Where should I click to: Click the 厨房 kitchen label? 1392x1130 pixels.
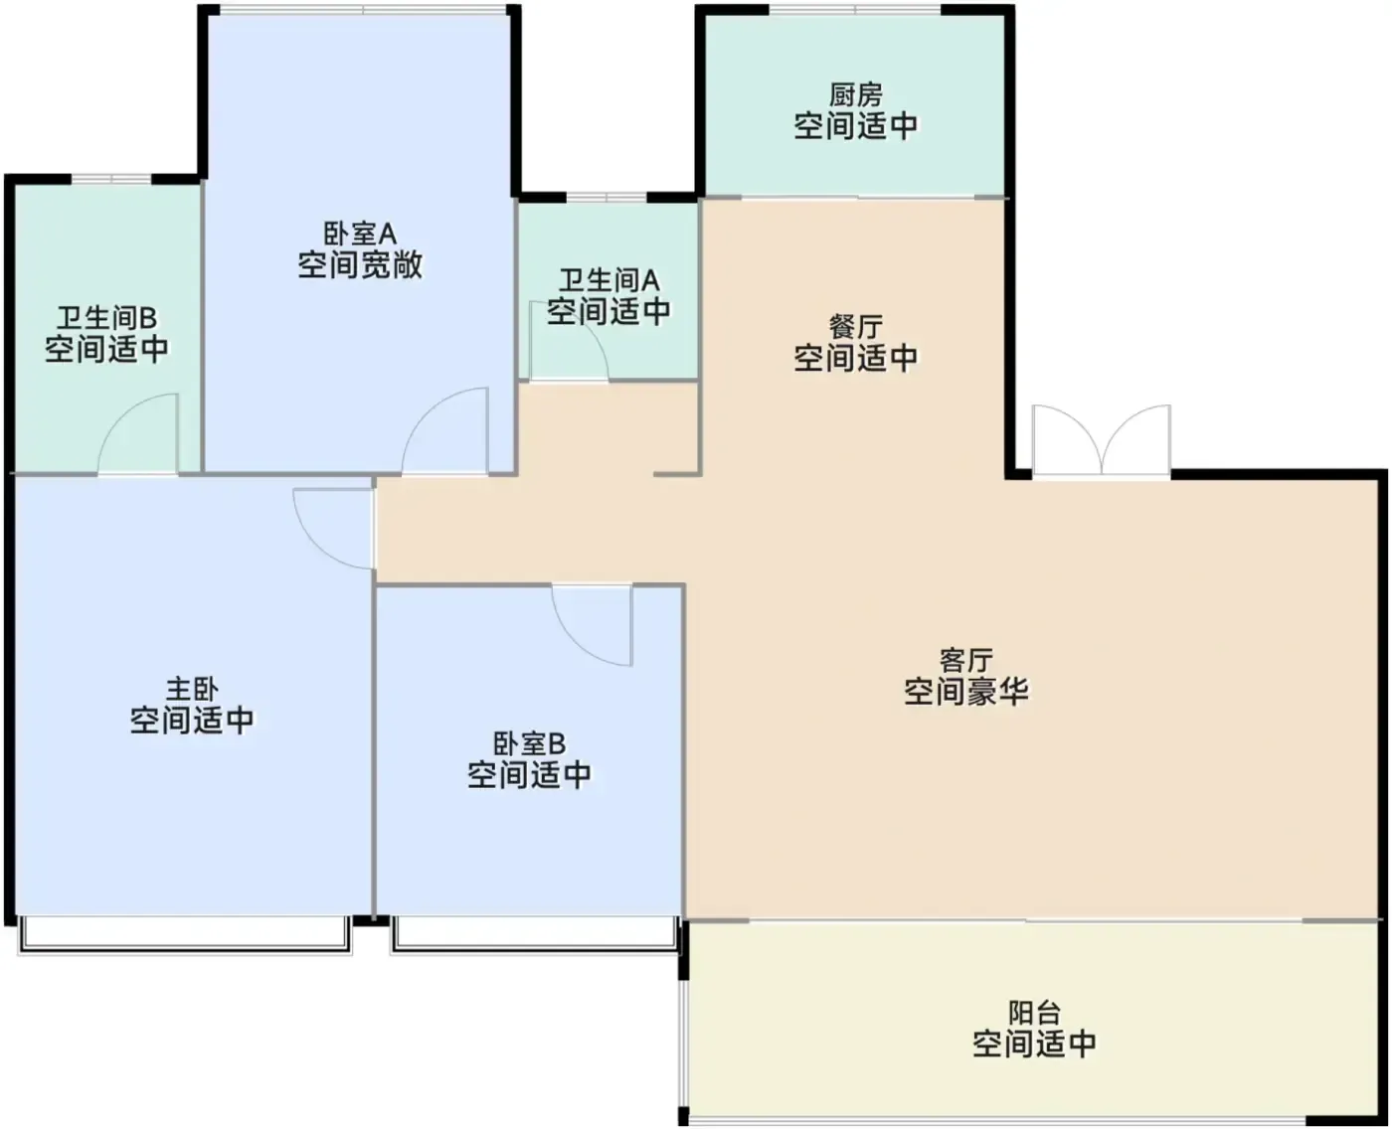[x=855, y=95]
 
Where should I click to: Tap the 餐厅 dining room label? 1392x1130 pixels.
[x=855, y=327]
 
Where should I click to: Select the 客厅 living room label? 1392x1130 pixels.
[x=965, y=660]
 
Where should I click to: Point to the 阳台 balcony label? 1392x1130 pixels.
[x=1034, y=1013]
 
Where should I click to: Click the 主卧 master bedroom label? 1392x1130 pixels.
[x=192, y=689]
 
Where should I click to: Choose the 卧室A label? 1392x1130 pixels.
[x=360, y=234]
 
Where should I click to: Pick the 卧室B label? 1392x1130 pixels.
[x=529, y=744]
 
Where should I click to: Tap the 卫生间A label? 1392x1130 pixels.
[x=609, y=281]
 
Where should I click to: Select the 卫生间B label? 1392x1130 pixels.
[x=106, y=319]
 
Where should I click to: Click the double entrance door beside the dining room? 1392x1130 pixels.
[x=1102, y=440]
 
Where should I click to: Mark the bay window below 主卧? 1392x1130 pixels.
[x=184, y=934]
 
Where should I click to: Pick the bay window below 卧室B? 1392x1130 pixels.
[x=534, y=934]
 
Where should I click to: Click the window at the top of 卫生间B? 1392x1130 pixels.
[x=111, y=179]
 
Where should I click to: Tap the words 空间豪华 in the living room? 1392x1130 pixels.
[x=965, y=692]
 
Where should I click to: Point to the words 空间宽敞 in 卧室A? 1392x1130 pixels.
[x=360, y=264]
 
